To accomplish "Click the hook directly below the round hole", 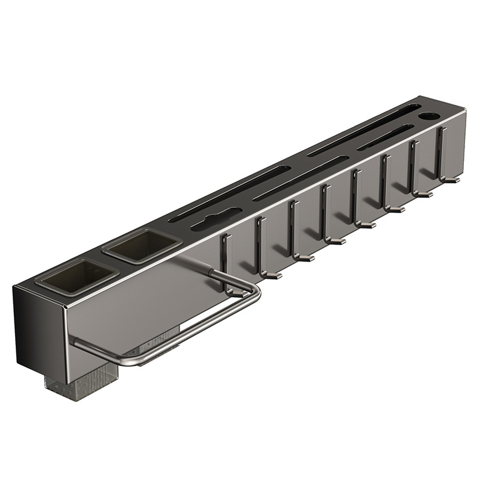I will [446, 157].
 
